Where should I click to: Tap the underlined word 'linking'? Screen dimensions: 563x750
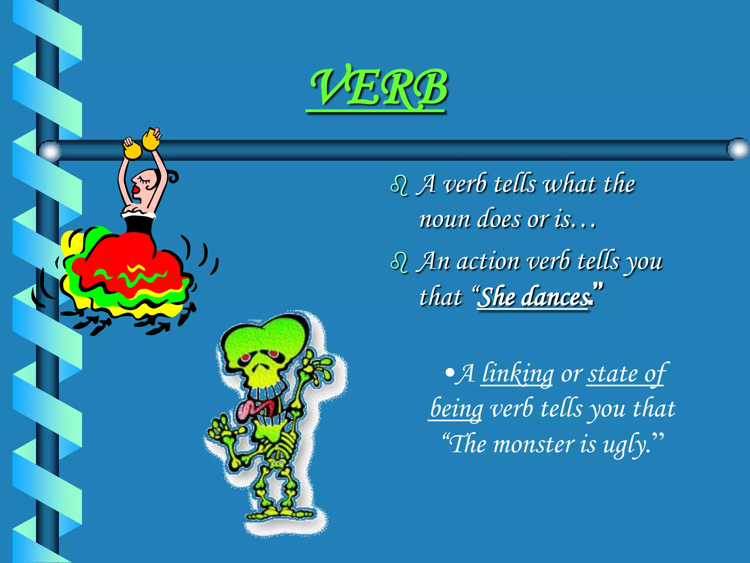(517, 374)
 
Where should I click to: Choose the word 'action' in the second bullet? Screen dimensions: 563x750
(488, 262)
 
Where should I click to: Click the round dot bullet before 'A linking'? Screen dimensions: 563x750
(449, 374)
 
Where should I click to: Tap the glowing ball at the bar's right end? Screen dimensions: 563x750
(737, 149)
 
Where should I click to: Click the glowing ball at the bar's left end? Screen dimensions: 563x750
(50, 150)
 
